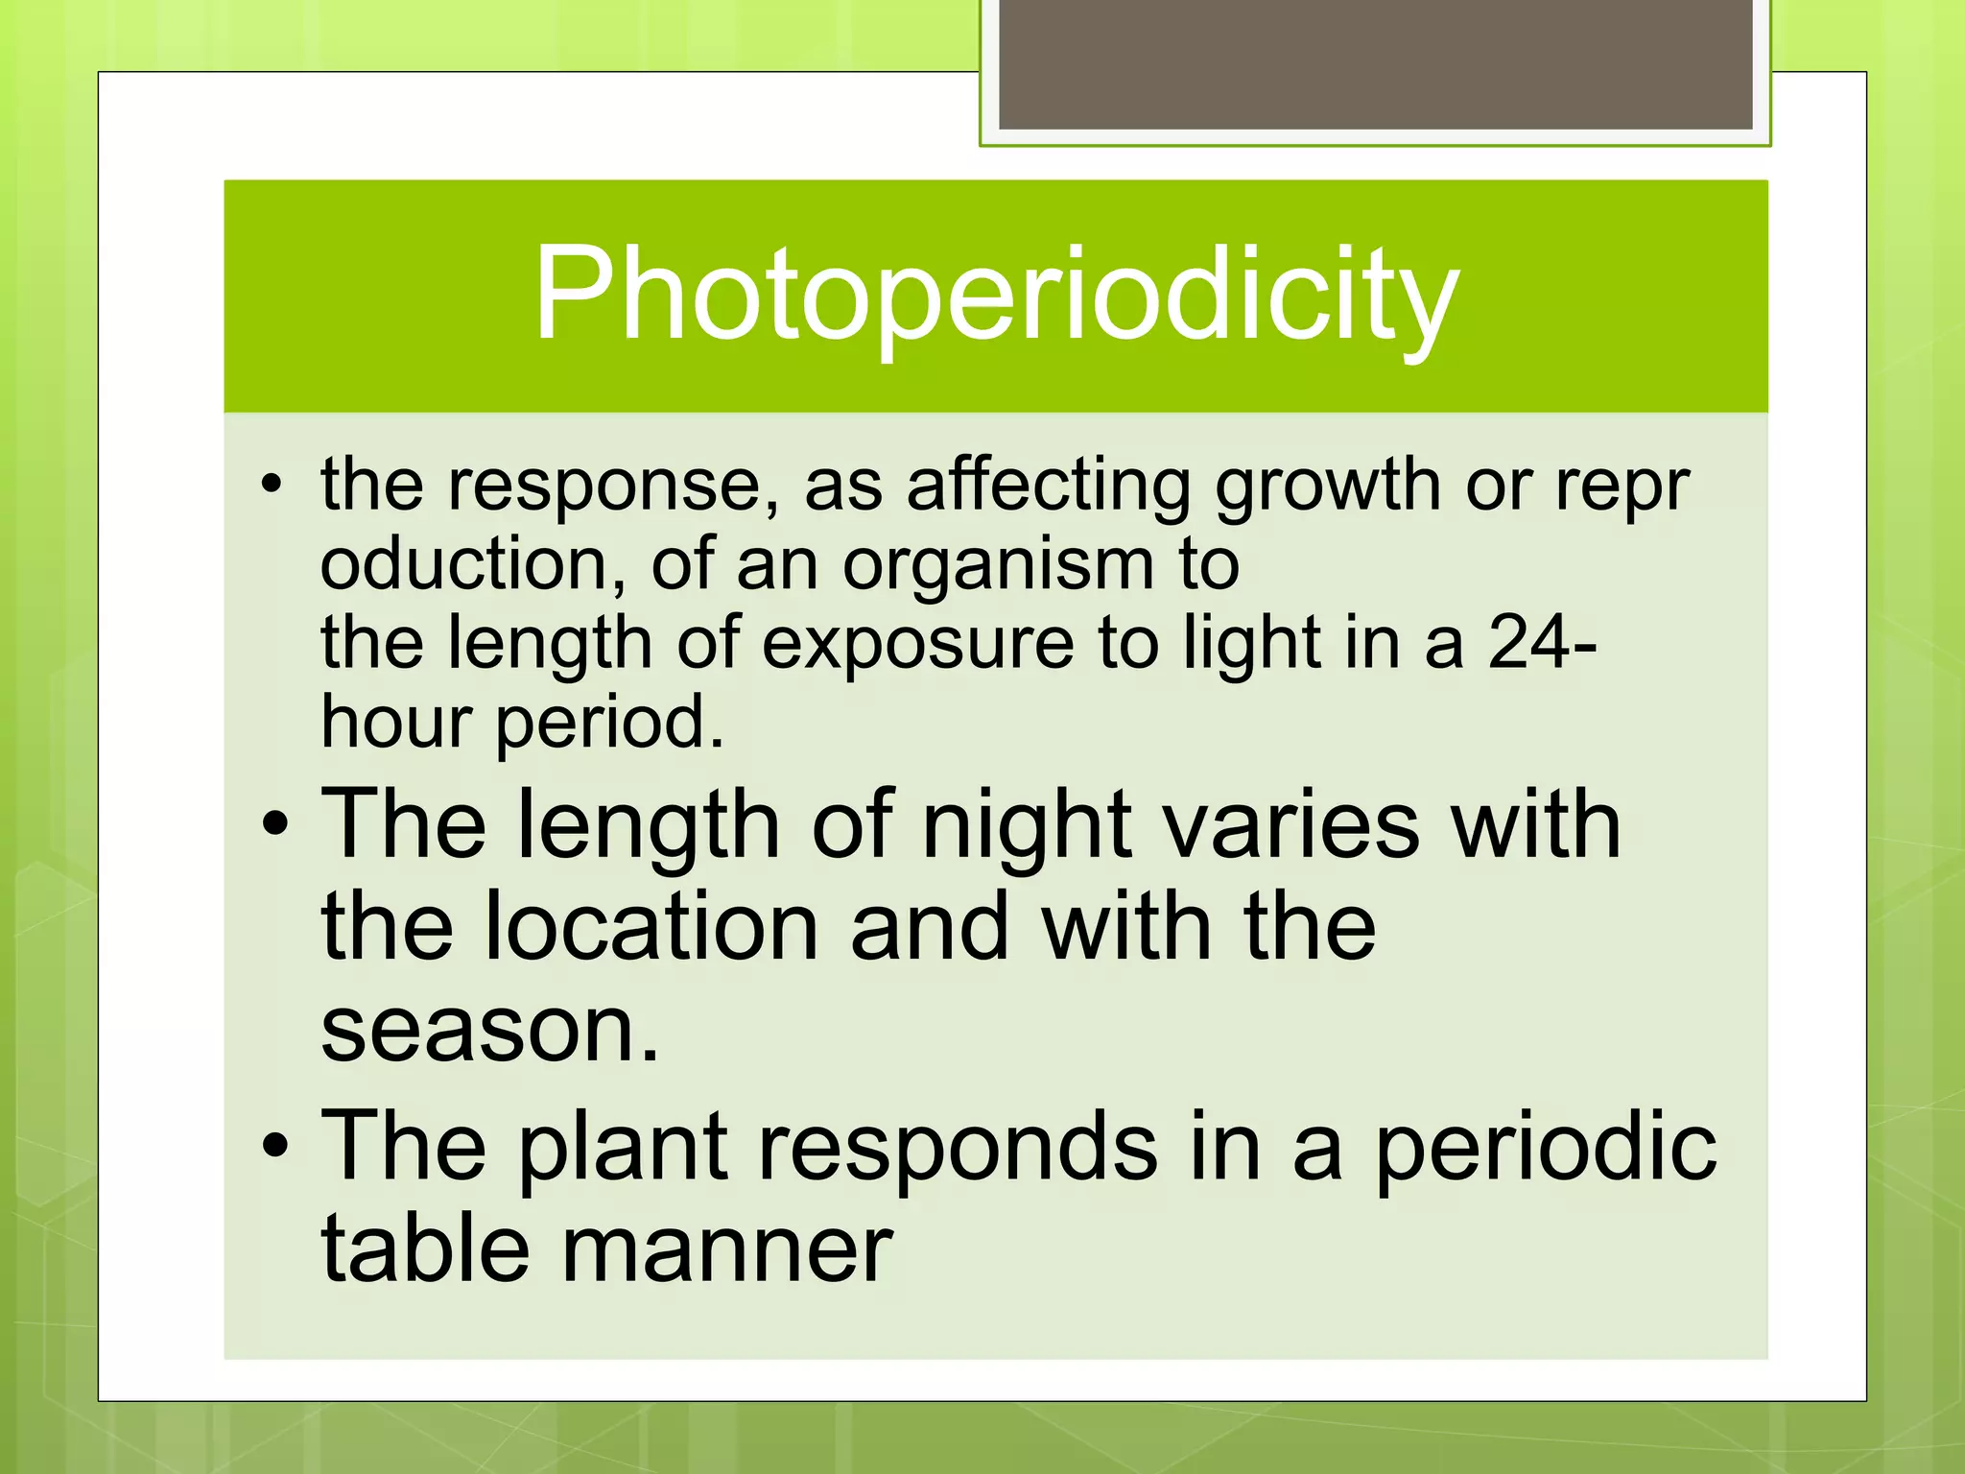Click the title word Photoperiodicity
point(995,296)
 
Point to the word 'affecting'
point(1048,486)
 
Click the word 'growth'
point(1327,486)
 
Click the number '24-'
point(1543,643)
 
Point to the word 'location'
point(651,927)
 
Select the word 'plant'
point(623,1148)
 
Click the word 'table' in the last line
point(425,1249)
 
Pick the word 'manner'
point(726,1249)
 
